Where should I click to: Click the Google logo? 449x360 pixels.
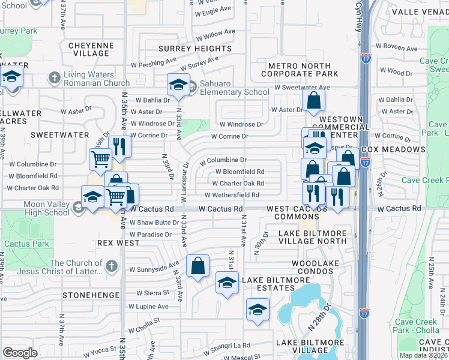point(20,353)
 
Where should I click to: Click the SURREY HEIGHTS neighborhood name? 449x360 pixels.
point(194,49)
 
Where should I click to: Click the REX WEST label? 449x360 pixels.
point(118,244)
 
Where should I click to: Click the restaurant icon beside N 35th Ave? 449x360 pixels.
point(119,146)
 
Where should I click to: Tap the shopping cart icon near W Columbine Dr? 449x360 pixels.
point(100,159)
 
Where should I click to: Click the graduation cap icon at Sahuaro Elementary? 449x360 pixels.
point(178,85)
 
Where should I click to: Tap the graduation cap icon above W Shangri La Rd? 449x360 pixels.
point(257,310)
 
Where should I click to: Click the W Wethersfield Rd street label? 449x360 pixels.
point(232,195)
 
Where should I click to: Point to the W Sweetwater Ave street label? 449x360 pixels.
point(302,88)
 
